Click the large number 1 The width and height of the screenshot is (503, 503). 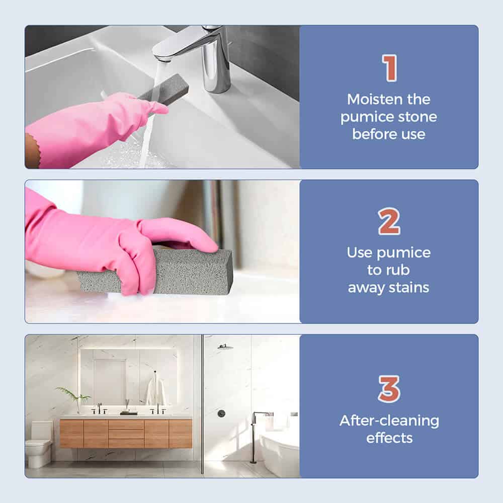click(x=389, y=68)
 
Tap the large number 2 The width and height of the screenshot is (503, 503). click(x=389, y=221)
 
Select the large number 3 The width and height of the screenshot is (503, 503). click(x=389, y=389)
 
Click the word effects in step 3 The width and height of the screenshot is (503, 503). click(x=389, y=438)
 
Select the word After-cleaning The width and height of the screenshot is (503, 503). click(x=389, y=421)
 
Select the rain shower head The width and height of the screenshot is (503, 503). click(x=225, y=347)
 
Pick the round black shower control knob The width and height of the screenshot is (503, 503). click(x=221, y=413)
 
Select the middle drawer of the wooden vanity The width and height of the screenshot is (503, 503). click(x=126, y=434)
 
